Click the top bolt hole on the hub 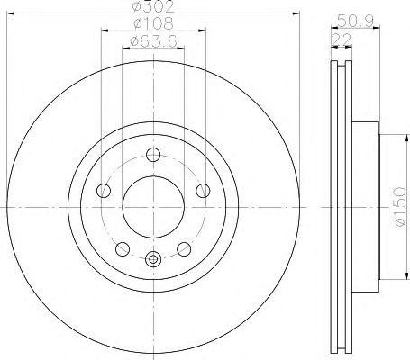pyautogui.click(x=150, y=152)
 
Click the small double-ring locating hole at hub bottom pyautogui.click(x=151, y=260)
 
